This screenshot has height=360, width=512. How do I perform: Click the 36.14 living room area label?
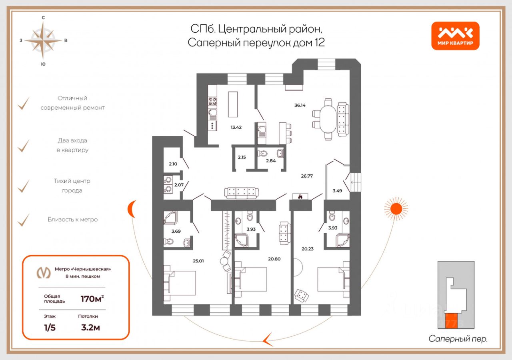pos(300,106)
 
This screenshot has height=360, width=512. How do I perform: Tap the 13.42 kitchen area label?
pos(236,128)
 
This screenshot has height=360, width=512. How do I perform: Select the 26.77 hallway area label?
pos(307,176)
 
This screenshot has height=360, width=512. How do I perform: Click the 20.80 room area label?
pos(274,259)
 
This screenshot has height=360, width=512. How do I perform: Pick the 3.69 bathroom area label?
pos(176,231)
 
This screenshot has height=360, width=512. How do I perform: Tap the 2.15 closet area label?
pos(242,157)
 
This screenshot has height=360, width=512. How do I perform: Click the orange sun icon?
pos(396,208)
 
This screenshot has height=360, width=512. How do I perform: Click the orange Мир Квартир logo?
pos(455,36)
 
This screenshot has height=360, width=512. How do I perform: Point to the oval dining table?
pos(328,119)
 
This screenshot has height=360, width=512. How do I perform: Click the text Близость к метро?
pos(72,220)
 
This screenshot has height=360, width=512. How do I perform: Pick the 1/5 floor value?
pos(50,328)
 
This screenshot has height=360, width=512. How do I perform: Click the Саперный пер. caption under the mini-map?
pos(458,339)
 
